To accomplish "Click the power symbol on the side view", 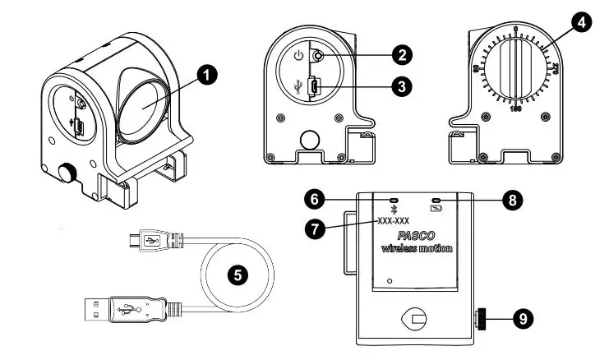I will (x=298, y=58).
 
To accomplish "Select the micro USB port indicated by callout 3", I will (x=313, y=85).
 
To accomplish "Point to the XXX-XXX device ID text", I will (x=394, y=221).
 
